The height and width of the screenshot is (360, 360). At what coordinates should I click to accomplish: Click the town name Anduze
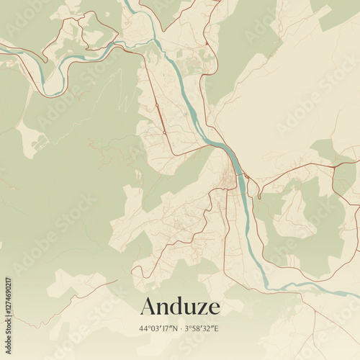click(x=180, y=305)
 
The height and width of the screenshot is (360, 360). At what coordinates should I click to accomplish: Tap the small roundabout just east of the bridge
click(x=247, y=176)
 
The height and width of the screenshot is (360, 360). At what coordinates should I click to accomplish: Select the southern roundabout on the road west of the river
click(x=165, y=132)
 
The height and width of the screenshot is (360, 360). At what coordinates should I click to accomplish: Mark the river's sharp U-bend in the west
click(x=46, y=90)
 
